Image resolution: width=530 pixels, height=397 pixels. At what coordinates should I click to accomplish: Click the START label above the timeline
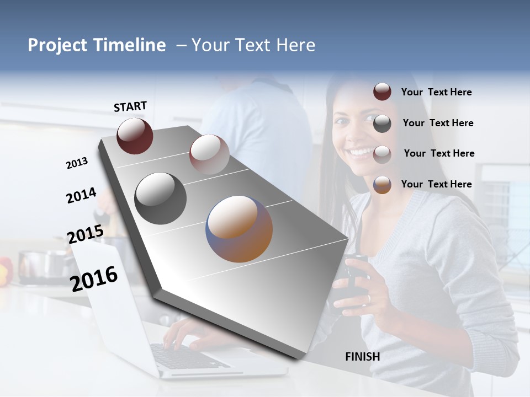pyautogui.click(x=130, y=106)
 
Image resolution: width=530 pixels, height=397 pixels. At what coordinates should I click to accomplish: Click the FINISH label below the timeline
pyautogui.click(x=362, y=357)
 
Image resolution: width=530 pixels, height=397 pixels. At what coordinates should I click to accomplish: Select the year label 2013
pyautogui.click(x=77, y=163)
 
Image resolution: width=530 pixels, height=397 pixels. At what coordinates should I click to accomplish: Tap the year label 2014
pyautogui.click(x=81, y=195)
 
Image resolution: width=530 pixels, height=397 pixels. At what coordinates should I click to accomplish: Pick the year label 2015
pyautogui.click(x=85, y=234)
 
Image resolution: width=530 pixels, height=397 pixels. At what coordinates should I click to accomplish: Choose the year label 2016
pyautogui.click(x=94, y=278)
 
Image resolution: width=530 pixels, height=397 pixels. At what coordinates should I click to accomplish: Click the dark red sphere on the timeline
pyautogui.click(x=135, y=136)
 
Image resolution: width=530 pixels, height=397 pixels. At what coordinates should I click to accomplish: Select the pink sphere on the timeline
pyautogui.click(x=209, y=154)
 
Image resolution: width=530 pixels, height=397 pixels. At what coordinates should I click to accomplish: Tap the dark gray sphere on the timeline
pyautogui.click(x=160, y=198)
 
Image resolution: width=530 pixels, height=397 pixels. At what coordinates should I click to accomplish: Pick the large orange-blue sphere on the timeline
pyautogui.click(x=239, y=229)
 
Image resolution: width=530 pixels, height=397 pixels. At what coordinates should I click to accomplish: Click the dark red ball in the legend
pyautogui.click(x=382, y=92)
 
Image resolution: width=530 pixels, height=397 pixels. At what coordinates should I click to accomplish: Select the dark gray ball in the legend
pyautogui.click(x=382, y=124)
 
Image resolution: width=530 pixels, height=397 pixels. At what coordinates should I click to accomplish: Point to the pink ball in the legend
pyautogui.click(x=382, y=154)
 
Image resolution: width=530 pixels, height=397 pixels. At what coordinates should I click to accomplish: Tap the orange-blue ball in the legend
pyautogui.click(x=382, y=185)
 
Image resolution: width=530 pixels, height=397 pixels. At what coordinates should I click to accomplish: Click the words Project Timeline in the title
pyautogui.click(x=97, y=45)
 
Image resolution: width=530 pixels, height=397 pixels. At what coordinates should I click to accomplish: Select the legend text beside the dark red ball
pyautogui.click(x=436, y=92)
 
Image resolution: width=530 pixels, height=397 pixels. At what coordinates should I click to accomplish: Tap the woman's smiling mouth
pyautogui.click(x=360, y=151)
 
